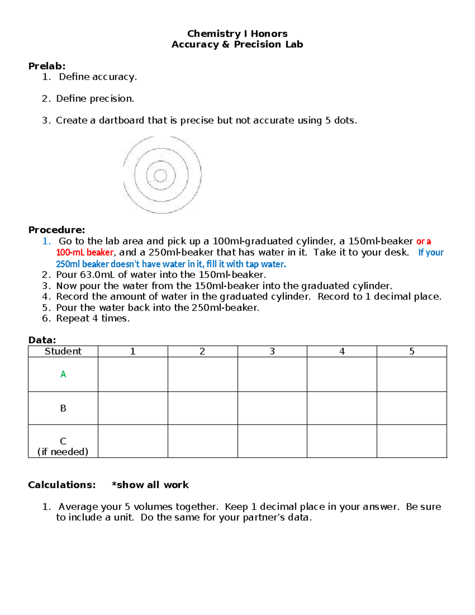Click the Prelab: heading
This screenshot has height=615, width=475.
click(47, 66)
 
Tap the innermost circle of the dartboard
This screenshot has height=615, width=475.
click(160, 175)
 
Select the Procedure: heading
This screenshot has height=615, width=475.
click(57, 230)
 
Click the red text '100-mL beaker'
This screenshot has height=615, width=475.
click(85, 253)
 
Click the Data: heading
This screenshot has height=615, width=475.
click(42, 340)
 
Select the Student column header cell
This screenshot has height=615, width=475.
click(63, 351)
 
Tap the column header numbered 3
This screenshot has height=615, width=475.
click(272, 351)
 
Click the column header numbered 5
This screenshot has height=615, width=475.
click(412, 351)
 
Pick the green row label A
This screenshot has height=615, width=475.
click(63, 374)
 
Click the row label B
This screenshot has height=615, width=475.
click(63, 408)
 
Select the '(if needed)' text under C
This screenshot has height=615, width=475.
click(63, 452)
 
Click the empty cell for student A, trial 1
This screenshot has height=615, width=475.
click(133, 374)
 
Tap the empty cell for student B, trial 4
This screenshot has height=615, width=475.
click(342, 408)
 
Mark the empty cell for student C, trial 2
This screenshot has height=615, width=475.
click(202, 441)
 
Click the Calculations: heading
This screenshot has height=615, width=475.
click(62, 485)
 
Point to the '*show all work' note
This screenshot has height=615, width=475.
click(150, 485)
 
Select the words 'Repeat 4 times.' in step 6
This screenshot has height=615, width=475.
click(93, 318)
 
